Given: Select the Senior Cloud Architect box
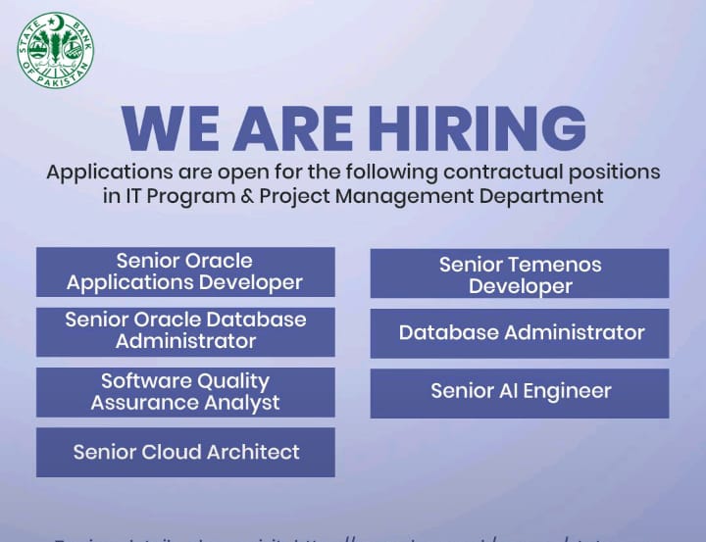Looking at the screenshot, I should pyautogui.click(x=185, y=452).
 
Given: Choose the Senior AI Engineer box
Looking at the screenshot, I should pyautogui.click(x=520, y=392).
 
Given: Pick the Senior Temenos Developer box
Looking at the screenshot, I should pyautogui.click(x=520, y=274).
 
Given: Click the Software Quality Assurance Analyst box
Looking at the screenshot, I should pyautogui.click(x=185, y=392).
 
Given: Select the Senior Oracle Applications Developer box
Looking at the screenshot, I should pyautogui.click(x=185, y=272).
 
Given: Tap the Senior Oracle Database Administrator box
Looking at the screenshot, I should pyautogui.click(x=185, y=331).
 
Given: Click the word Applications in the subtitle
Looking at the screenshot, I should pyautogui.click(x=109, y=172).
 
